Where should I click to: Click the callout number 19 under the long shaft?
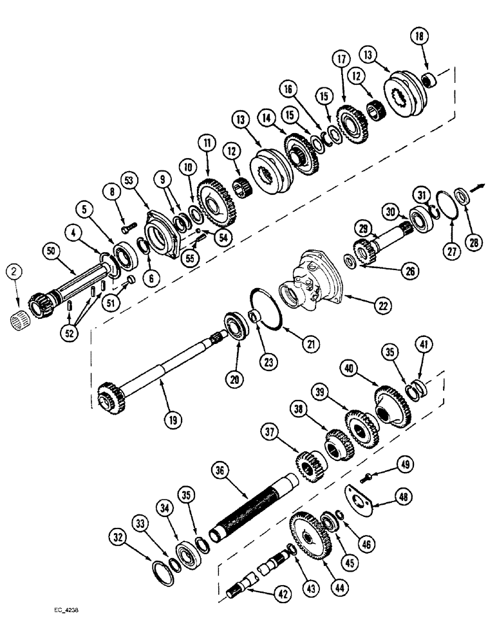click(174, 420)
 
